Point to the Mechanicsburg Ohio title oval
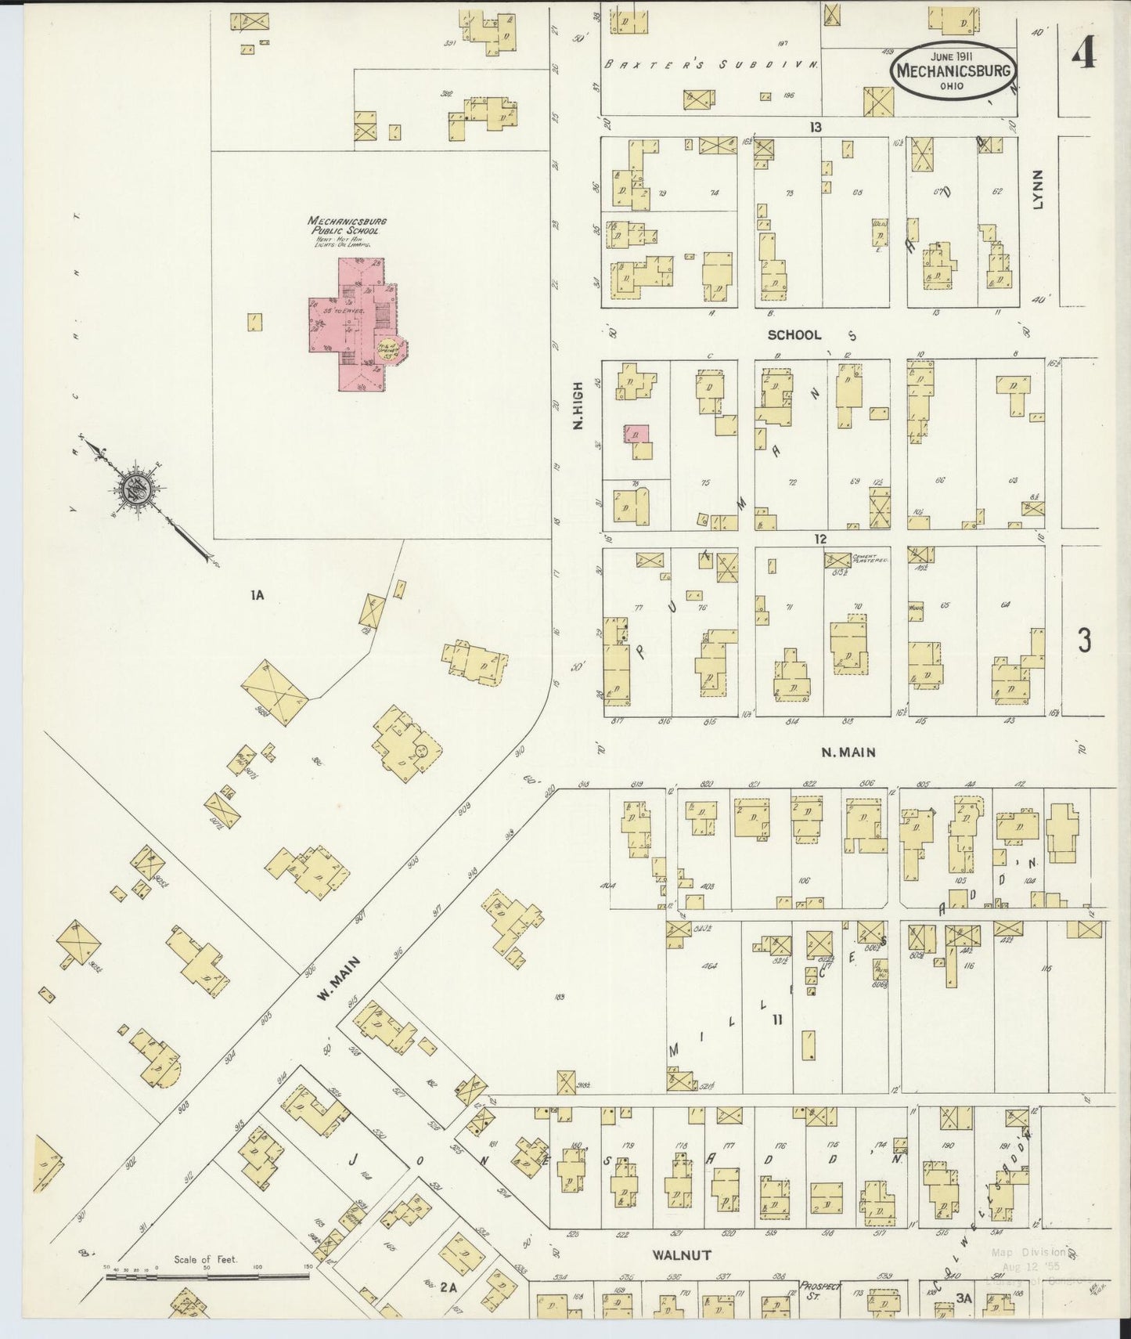pyautogui.click(x=954, y=70)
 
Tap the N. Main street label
pyautogui.click(x=848, y=753)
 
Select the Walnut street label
pyautogui.click(x=682, y=1254)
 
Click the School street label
pyautogui.click(x=794, y=335)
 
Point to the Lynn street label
pyautogui.click(x=1037, y=190)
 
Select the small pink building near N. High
pyautogui.click(x=636, y=434)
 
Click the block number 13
pyautogui.click(x=816, y=127)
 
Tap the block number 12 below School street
pyautogui.click(x=819, y=540)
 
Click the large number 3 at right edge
pyautogui.click(x=1084, y=641)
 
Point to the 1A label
pyautogui.click(x=257, y=596)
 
